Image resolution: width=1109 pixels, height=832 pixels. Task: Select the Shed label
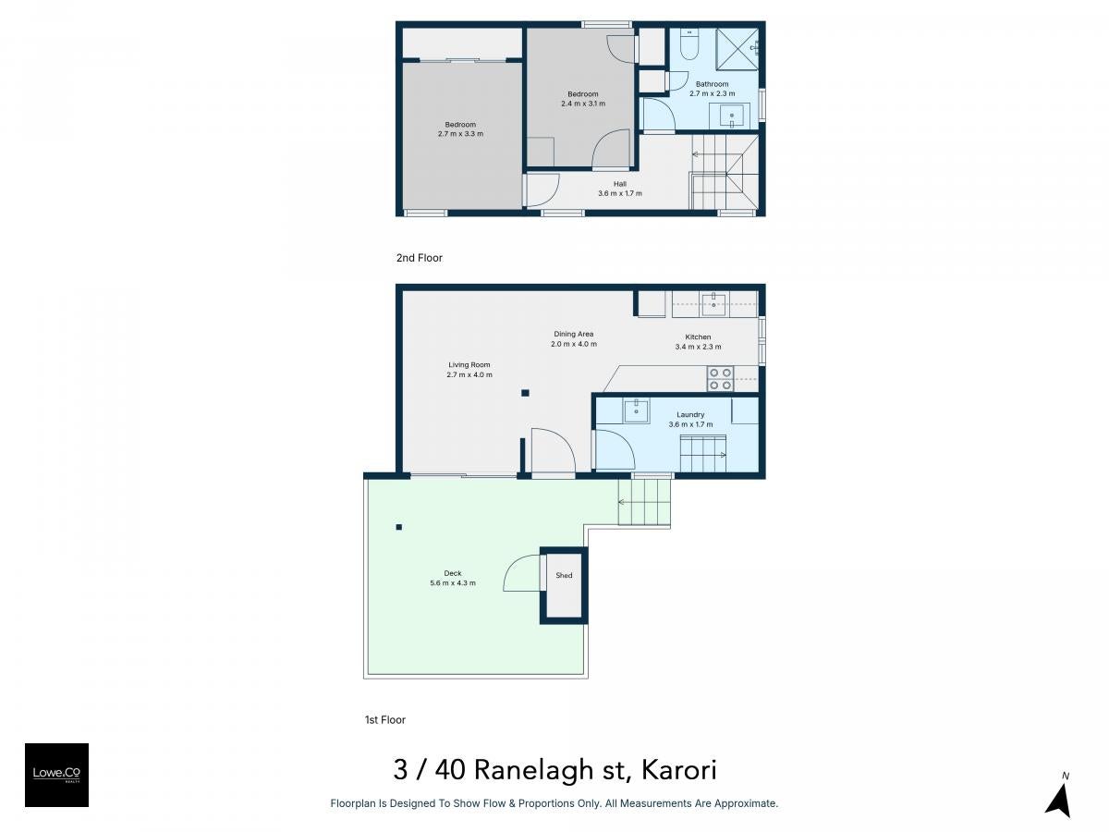tap(564, 575)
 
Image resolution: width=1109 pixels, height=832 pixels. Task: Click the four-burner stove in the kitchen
tap(720, 379)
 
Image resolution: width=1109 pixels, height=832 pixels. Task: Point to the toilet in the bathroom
tap(689, 44)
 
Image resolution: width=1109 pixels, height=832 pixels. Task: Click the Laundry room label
tap(690, 414)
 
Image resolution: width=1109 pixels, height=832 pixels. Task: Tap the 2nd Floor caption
tap(419, 258)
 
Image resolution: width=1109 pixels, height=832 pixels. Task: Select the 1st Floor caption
tap(385, 719)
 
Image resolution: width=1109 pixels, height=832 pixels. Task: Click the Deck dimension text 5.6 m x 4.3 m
tap(453, 582)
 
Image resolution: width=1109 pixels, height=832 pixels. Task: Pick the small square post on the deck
tap(398, 527)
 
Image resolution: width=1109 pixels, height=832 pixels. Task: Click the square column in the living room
tap(525, 393)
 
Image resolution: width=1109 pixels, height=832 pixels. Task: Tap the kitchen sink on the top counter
tap(713, 304)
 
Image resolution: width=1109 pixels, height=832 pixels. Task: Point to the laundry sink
tap(636, 410)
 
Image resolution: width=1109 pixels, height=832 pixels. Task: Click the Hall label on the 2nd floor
tap(620, 184)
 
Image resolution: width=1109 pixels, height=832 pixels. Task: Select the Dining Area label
tap(574, 334)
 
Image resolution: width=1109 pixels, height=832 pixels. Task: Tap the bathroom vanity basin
tap(731, 116)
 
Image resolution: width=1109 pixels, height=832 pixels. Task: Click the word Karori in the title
tap(678, 769)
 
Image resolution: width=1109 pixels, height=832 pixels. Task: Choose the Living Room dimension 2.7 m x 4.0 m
tap(469, 374)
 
